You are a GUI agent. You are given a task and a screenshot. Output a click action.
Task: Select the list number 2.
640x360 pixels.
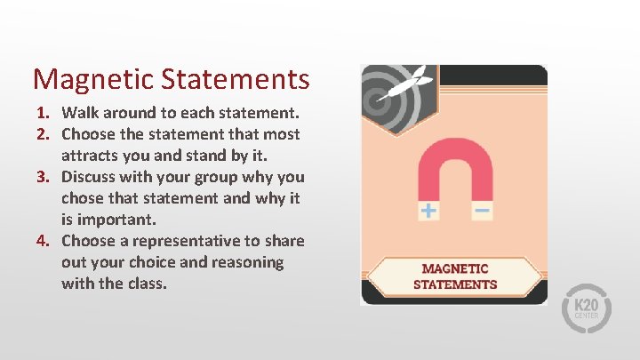[x=42, y=135]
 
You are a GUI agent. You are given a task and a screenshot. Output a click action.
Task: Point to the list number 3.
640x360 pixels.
[x=42, y=177]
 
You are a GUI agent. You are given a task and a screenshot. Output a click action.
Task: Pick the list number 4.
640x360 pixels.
[x=42, y=241]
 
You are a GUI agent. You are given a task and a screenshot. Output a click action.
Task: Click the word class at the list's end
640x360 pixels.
[x=146, y=284]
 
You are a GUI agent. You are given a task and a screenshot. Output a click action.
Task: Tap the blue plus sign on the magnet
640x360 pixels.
[x=428, y=211]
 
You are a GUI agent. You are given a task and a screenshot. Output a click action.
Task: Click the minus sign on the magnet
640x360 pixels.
[x=481, y=211]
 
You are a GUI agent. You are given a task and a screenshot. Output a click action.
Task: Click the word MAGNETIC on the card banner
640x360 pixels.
[x=455, y=268]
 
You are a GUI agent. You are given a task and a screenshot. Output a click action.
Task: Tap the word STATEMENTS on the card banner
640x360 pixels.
[x=455, y=284]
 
